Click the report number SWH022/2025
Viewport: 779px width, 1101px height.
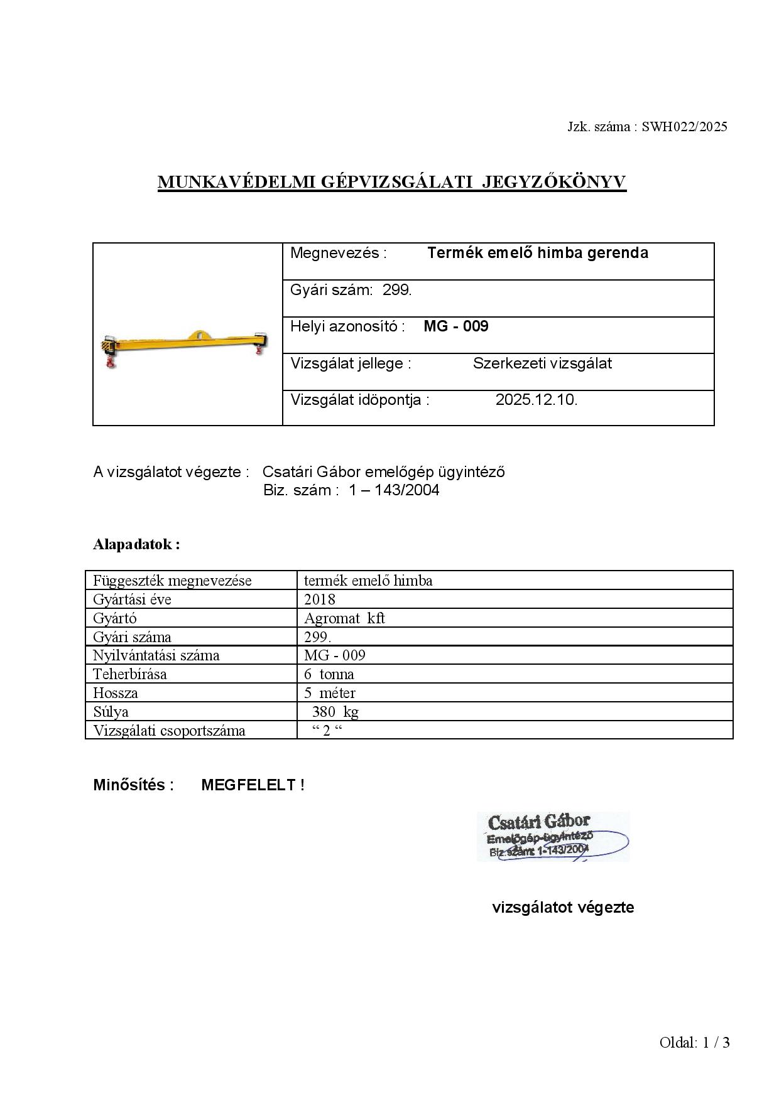click(x=684, y=127)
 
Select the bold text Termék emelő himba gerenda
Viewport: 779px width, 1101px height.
click(x=537, y=253)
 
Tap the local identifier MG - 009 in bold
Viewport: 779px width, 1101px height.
click(x=455, y=326)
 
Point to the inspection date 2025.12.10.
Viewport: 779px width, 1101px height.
click(x=536, y=400)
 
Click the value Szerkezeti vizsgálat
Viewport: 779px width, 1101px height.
click(x=542, y=363)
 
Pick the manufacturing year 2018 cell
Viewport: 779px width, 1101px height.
click(x=320, y=599)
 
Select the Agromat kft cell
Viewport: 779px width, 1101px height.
click(x=344, y=618)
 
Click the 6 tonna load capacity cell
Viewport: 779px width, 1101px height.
click(x=329, y=674)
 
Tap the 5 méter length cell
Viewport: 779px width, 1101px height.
click(x=329, y=693)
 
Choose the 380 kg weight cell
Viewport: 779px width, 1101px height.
click(x=335, y=712)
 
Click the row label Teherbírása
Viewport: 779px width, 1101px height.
click(x=130, y=674)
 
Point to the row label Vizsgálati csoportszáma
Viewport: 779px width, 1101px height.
click(x=169, y=731)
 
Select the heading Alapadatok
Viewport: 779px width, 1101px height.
click(x=136, y=544)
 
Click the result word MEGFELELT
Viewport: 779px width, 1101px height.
click(x=248, y=785)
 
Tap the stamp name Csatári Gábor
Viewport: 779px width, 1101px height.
click(x=539, y=822)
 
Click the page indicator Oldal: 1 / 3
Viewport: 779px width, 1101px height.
click(x=694, y=1043)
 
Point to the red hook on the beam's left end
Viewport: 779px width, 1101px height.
click(x=111, y=362)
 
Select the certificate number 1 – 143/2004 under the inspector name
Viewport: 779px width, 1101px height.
click(x=394, y=490)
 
